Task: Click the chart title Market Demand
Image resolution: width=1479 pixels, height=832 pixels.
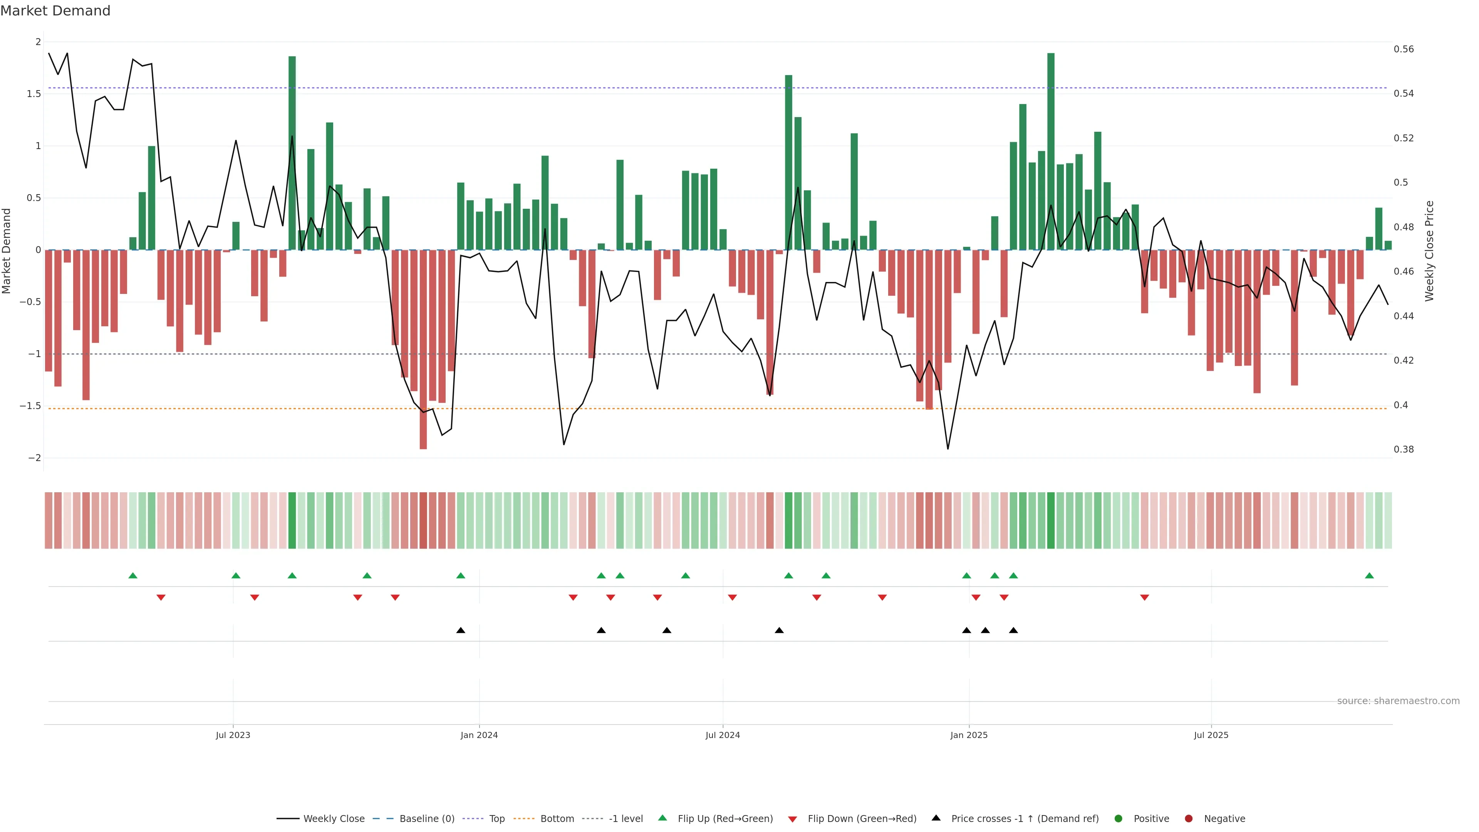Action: click(x=55, y=11)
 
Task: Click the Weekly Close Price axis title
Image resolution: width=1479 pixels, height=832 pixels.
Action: click(x=1429, y=251)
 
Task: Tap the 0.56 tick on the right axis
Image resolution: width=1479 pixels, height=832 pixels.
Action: click(x=1404, y=49)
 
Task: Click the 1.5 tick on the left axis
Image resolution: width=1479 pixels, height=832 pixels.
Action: click(x=34, y=94)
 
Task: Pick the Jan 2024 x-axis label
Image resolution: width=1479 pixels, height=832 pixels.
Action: click(x=479, y=735)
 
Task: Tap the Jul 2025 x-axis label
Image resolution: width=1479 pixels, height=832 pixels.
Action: click(x=1211, y=735)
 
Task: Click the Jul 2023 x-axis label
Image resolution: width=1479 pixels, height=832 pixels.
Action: click(x=233, y=735)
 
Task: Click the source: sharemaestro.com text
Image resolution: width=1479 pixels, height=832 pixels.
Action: click(x=1398, y=701)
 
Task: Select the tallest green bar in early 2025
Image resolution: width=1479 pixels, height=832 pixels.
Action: click(x=1051, y=152)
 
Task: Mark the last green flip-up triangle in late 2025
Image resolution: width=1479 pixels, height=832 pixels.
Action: click(x=1369, y=575)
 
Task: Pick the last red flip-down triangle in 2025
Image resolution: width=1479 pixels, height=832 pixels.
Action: click(x=1144, y=598)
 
